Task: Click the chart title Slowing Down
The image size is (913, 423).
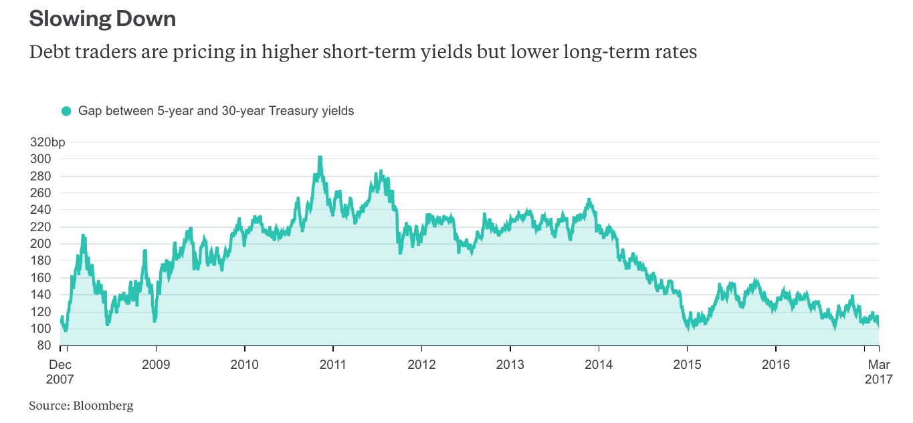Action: coord(102,19)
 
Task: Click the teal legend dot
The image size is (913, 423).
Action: coord(66,111)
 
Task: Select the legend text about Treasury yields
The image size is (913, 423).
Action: coord(216,111)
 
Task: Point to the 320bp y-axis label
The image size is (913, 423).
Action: coord(48,142)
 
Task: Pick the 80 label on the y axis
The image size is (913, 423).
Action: coord(43,345)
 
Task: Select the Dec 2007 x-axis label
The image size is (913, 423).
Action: coord(60,372)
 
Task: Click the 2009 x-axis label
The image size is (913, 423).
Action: coord(156,365)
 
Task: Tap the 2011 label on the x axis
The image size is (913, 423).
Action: coord(333,365)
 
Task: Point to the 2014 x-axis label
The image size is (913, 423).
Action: coord(598,365)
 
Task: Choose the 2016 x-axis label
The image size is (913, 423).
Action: coord(775,365)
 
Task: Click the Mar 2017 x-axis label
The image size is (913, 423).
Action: coord(878,372)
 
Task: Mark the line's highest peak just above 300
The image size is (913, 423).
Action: coord(320,158)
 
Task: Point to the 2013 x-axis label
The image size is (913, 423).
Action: coord(510,365)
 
